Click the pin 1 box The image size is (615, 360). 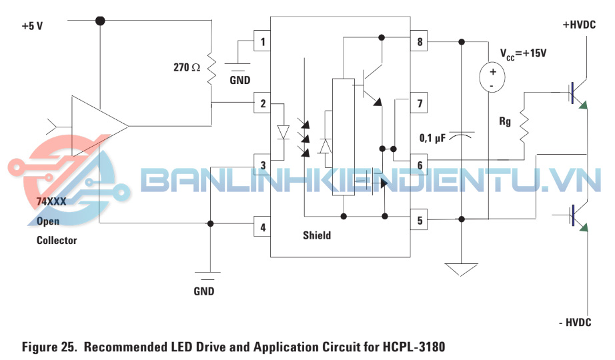click(263, 43)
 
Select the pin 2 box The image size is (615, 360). click(263, 103)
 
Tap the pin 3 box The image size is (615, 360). click(263, 165)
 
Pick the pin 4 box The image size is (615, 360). click(263, 227)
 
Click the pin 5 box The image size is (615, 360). click(420, 219)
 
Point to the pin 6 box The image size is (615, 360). click(420, 165)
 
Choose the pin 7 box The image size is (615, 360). click(420, 103)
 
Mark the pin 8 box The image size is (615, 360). click(420, 43)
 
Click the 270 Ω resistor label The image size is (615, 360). click(187, 67)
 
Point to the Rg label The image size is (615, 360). click(505, 122)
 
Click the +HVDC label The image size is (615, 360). click(579, 25)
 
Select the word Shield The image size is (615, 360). click(317, 235)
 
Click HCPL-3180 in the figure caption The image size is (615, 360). click(414, 347)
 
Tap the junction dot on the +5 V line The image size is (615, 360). click(100, 21)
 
